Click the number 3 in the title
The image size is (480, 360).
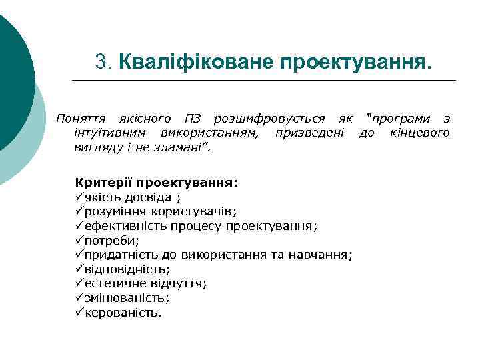pyautogui.click(x=101, y=62)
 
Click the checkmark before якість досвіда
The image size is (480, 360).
pyautogui.click(x=80, y=197)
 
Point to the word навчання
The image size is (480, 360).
pyautogui.click(x=326, y=255)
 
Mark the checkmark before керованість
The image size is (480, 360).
pyautogui.click(x=80, y=313)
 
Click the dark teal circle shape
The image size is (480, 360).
pyautogui.click(x=10, y=80)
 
